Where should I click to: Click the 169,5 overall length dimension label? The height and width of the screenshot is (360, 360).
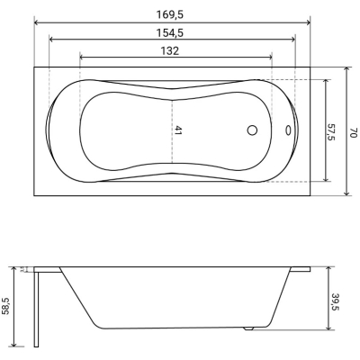point(169,14)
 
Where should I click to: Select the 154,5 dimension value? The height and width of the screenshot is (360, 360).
point(169,33)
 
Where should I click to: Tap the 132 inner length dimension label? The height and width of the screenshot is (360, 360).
point(169,51)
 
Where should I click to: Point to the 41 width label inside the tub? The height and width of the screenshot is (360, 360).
point(178,130)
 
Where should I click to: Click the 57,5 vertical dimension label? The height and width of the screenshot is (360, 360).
point(331,131)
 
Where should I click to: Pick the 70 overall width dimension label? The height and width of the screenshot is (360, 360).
point(354,132)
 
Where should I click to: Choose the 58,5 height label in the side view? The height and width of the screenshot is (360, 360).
point(5,306)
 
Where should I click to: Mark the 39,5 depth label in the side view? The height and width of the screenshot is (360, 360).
point(336,301)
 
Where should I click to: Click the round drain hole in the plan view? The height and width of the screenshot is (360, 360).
point(252,130)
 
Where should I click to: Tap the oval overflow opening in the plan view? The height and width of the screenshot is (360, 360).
point(288,130)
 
